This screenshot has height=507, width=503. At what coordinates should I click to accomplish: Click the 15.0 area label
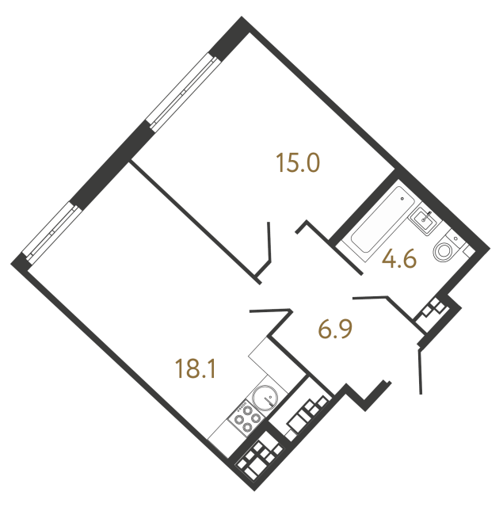298,163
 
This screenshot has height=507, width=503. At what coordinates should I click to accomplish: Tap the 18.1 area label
195,369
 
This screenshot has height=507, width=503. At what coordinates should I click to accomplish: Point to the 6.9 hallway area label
335,330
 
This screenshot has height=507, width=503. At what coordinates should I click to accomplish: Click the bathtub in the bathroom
383,220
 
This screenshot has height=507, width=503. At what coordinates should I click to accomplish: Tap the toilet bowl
444,251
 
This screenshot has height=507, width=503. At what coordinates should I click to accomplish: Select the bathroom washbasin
425,219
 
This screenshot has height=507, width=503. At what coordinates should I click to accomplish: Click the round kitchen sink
265,397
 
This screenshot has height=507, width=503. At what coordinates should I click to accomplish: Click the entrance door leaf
420,371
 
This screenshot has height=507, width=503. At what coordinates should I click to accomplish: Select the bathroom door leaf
370,297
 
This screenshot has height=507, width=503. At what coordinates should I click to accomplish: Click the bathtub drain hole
402,199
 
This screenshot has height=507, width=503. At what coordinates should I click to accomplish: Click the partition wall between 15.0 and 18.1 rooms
195,223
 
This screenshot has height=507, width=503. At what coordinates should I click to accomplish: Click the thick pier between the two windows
111,166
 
